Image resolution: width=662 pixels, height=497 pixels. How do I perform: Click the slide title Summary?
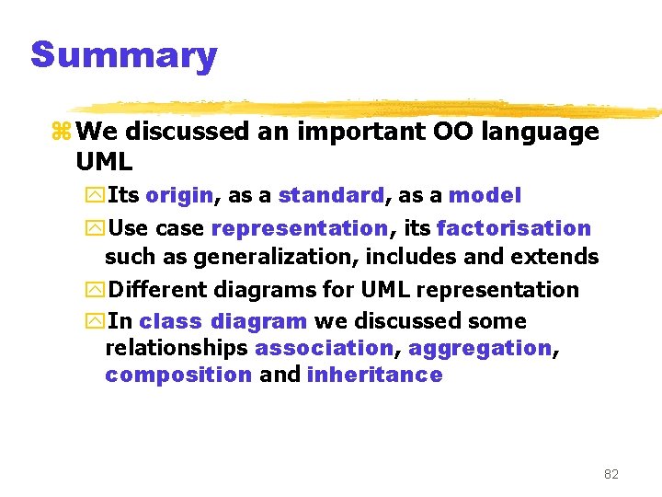click(x=123, y=55)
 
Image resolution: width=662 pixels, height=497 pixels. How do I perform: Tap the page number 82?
click(x=611, y=474)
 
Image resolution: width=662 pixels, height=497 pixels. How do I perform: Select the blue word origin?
click(x=179, y=195)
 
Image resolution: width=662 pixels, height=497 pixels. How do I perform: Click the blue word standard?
click(x=331, y=195)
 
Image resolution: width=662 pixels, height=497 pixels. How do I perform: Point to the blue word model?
click(x=485, y=195)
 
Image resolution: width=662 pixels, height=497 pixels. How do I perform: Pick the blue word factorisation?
click(x=514, y=228)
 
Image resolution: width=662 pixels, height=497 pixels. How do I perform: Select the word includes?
click(x=428, y=257)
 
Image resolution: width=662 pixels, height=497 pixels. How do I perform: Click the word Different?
click(x=157, y=289)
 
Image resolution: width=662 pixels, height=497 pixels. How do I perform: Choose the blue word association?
click(x=324, y=348)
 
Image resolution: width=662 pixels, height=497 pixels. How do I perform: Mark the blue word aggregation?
click(x=479, y=348)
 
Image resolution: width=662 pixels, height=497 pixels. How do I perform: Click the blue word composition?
click(x=178, y=375)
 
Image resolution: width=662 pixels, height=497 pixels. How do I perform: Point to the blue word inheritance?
click(x=374, y=375)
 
